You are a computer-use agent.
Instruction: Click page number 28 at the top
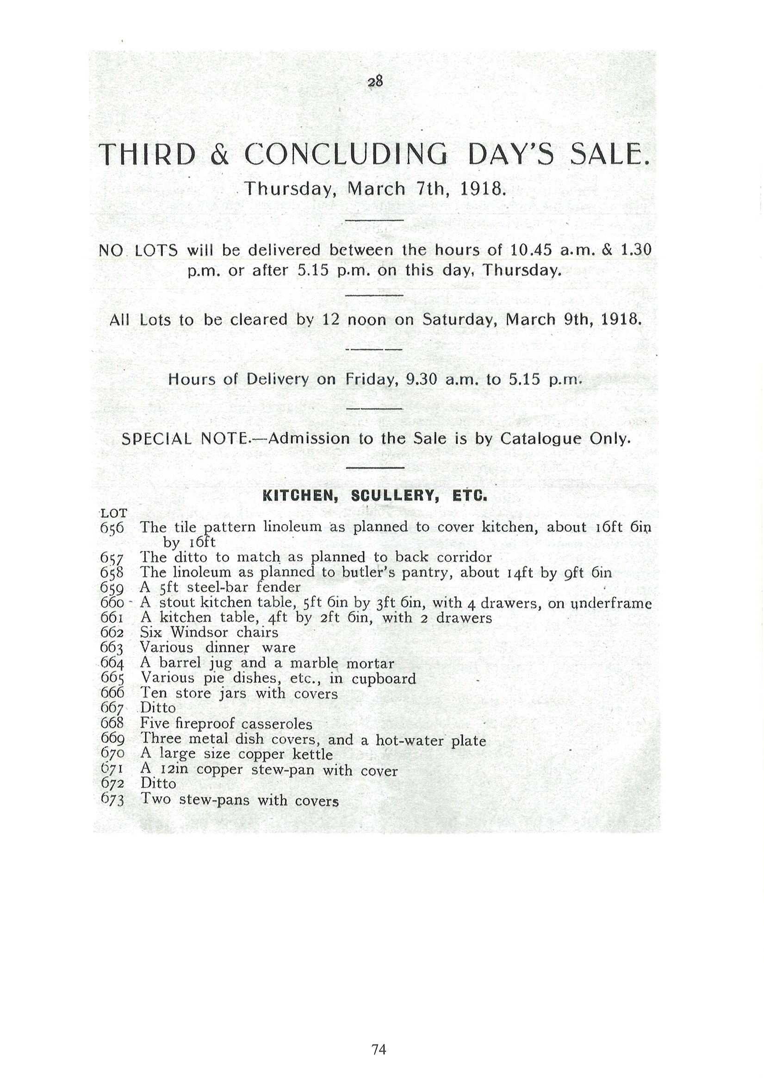coord(375,81)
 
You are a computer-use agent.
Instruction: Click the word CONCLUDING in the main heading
coord(346,155)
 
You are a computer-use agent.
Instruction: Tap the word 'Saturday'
coord(459,320)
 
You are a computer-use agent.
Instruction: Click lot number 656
coord(112,528)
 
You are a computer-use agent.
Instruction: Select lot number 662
coord(112,632)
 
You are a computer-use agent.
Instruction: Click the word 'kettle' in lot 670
coord(312,754)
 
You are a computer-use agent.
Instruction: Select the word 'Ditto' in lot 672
coord(158,783)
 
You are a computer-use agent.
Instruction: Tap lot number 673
coord(112,799)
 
